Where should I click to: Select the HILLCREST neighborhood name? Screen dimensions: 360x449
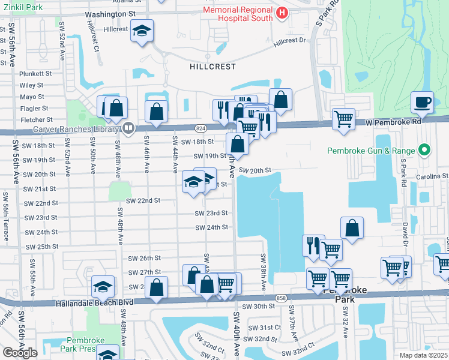(x=213, y=67)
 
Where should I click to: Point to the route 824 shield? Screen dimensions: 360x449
(x=201, y=128)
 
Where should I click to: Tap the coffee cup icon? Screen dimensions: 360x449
(x=423, y=101)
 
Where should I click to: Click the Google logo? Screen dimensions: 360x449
(x=20, y=353)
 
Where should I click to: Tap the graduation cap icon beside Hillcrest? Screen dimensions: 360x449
(x=142, y=30)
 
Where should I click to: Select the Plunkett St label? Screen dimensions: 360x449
(x=35, y=74)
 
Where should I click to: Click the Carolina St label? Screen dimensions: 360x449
(x=432, y=176)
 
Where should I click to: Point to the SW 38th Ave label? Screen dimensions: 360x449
(x=263, y=272)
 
